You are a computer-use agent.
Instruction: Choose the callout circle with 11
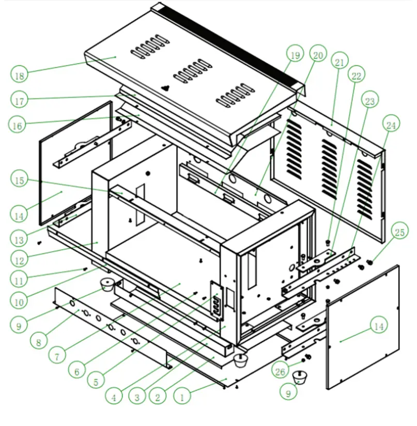click(20, 281)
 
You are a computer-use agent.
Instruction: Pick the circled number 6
click(76, 371)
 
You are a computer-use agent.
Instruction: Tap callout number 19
click(295, 55)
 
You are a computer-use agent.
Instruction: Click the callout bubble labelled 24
click(391, 125)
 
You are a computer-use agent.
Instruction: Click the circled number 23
click(370, 101)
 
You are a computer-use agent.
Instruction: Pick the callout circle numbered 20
click(317, 54)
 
